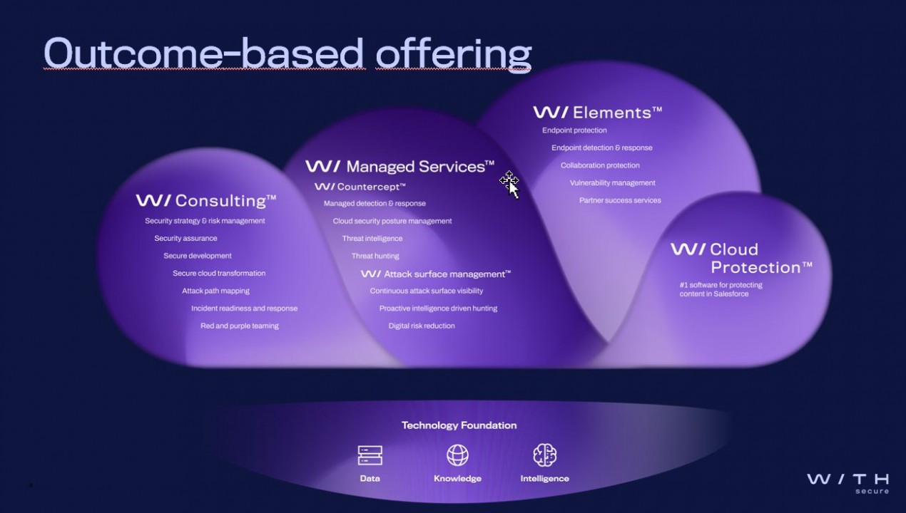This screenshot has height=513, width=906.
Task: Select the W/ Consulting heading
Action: click(206, 201)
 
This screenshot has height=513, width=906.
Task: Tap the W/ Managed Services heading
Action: click(399, 167)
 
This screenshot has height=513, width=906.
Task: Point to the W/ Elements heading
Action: click(597, 113)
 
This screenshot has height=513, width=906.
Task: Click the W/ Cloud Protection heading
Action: click(741, 258)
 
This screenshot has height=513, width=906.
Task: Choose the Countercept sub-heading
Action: click(360, 187)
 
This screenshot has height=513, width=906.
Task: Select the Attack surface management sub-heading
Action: click(436, 274)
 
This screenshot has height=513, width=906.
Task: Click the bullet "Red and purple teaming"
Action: click(239, 326)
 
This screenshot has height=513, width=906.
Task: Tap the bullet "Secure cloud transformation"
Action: click(219, 273)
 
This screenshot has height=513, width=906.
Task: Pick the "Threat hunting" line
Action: click(375, 256)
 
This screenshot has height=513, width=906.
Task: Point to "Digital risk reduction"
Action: click(422, 326)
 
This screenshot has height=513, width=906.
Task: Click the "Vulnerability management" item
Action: click(612, 183)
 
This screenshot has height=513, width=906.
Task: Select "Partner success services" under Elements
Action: click(620, 200)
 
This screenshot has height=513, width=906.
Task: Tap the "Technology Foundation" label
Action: click(459, 425)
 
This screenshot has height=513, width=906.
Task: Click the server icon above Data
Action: click(370, 455)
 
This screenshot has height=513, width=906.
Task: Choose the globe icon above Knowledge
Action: click(457, 455)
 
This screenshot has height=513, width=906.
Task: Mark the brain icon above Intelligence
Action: click(544, 455)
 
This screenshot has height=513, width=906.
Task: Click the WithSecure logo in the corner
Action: click(848, 482)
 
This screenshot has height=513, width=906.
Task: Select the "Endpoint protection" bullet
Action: click(574, 130)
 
